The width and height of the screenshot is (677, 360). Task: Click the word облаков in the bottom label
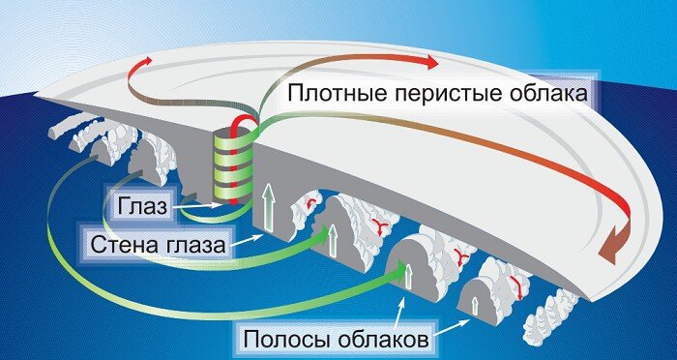point(393,340)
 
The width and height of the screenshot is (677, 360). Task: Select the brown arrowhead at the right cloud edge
point(609,250)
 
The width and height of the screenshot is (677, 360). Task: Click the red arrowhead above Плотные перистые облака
point(427,62)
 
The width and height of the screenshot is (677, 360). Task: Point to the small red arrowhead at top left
point(146,60)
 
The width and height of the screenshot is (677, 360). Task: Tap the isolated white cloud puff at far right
point(555,313)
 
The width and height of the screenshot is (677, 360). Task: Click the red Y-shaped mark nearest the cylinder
point(311,205)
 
